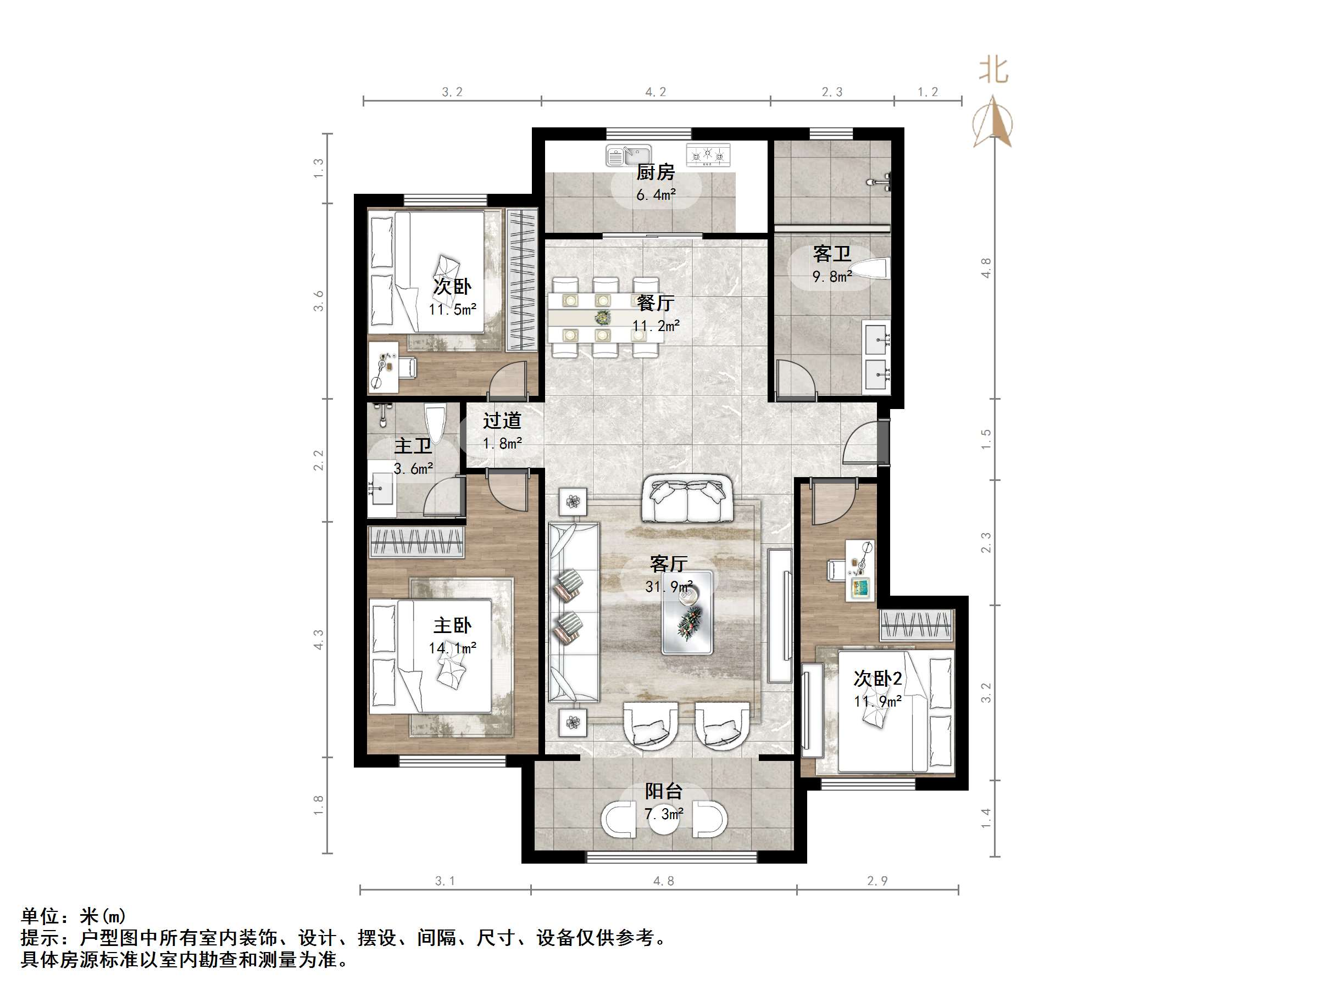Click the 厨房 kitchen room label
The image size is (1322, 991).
656,172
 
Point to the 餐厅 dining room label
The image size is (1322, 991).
656,303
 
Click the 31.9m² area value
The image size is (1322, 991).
669,586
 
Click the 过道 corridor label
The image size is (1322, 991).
502,421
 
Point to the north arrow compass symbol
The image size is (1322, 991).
993,122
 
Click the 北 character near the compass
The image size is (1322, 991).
993,70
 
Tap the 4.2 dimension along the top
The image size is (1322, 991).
656,92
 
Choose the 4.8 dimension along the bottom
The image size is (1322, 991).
663,881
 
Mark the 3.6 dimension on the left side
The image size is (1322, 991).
319,300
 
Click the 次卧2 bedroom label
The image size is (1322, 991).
877,679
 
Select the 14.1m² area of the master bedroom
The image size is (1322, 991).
452,647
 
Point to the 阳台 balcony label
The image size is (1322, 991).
663,792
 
